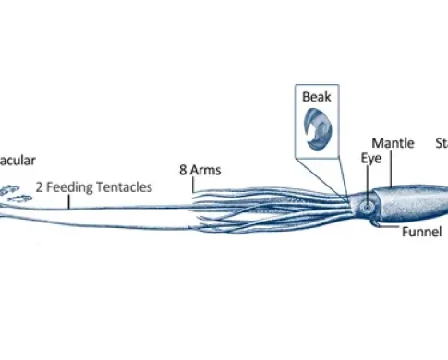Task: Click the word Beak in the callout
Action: [x=315, y=96]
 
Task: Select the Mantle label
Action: [x=393, y=143]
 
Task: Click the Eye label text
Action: [x=371, y=158]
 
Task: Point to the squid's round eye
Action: [x=369, y=206]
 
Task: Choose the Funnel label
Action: [x=422, y=232]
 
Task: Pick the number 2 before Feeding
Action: [x=40, y=186]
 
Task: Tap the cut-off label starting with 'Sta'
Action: [x=442, y=143]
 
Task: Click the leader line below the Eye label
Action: [x=369, y=180]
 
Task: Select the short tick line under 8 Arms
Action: [x=193, y=184]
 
